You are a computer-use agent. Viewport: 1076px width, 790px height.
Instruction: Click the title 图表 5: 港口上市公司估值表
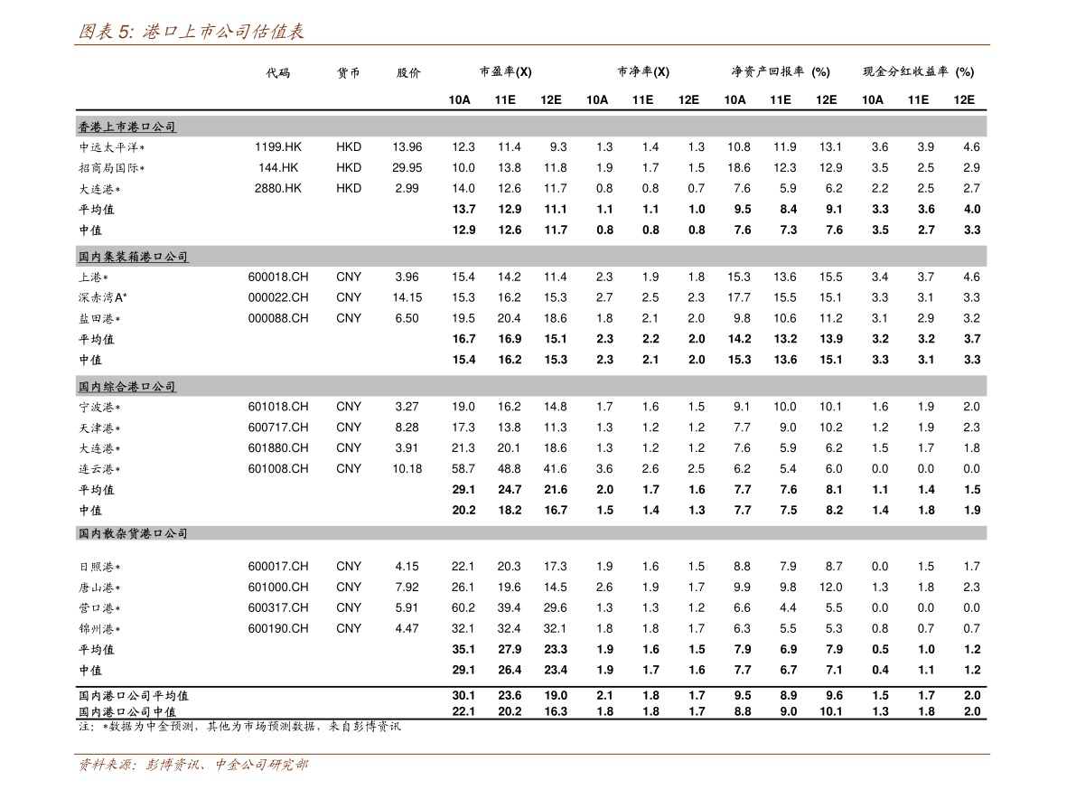click(x=191, y=31)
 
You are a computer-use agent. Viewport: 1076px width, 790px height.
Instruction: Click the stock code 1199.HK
click(x=278, y=146)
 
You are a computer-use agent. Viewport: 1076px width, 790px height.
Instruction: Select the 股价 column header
click(x=408, y=72)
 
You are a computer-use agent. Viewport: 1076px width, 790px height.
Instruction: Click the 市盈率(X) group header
click(x=505, y=71)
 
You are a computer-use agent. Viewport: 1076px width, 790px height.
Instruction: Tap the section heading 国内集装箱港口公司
click(x=133, y=257)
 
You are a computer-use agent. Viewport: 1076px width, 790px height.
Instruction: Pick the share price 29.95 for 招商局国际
click(x=407, y=167)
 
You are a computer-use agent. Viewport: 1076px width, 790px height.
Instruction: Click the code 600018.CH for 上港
click(x=278, y=277)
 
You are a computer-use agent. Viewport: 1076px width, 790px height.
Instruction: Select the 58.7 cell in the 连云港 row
click(x=463, y=469)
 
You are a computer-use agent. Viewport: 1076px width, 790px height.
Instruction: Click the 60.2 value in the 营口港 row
click(x=463, y=607)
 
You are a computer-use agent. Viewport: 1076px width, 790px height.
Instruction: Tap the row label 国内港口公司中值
click(x=127, y=711)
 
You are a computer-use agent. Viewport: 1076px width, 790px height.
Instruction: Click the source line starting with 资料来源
click(x=192, y=765)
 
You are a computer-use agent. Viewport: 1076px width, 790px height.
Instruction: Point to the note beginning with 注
click(x=239, y=726)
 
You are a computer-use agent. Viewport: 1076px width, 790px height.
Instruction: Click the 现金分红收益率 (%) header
click(x=918, y=71)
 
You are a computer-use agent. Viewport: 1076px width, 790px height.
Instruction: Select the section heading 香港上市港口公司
click(x=127, y=127)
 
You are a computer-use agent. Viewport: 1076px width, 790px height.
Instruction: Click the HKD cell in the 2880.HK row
click(x=349, y=188)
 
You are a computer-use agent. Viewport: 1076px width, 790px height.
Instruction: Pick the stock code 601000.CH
click(x=278, y=587)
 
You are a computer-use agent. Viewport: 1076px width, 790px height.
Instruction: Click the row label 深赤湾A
click(x=102, y=297)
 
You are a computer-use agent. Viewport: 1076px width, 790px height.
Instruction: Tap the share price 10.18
click(x=407, y=469)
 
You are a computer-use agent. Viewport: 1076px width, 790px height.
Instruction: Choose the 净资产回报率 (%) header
click(x=781, y=71)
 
